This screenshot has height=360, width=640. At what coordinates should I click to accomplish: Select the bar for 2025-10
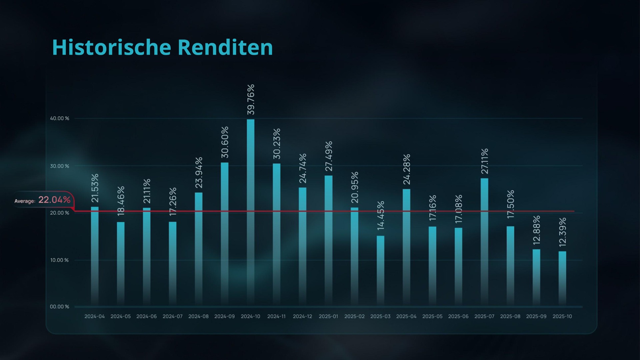[562, 278]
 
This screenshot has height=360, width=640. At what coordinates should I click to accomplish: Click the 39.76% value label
[251, 99]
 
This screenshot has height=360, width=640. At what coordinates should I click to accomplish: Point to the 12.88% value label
[536, 230]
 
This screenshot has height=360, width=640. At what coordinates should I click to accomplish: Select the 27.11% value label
[484, 161]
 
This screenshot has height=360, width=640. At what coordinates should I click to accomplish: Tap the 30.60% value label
[225, 142]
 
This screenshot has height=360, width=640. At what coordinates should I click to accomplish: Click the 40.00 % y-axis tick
[60, 118]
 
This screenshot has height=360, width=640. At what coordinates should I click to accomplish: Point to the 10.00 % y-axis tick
[59, 260]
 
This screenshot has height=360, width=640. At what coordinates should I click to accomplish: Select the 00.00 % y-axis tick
[59, 307]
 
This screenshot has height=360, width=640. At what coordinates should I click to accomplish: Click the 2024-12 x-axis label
[302, 316]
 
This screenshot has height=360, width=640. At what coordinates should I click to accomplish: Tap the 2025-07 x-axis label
[484, 316]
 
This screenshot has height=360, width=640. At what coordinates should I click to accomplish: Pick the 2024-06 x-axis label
[146, 316]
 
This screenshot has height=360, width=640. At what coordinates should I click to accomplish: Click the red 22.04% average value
[54, 200]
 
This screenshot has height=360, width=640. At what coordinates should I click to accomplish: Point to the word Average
[24, 201]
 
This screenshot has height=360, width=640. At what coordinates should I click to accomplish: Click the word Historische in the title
[111, 47]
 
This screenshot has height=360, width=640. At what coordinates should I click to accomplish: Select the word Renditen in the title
[225, 47]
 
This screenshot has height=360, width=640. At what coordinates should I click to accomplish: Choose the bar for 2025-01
[329, 240]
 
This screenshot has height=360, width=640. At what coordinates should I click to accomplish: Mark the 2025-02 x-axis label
[354, 316]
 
